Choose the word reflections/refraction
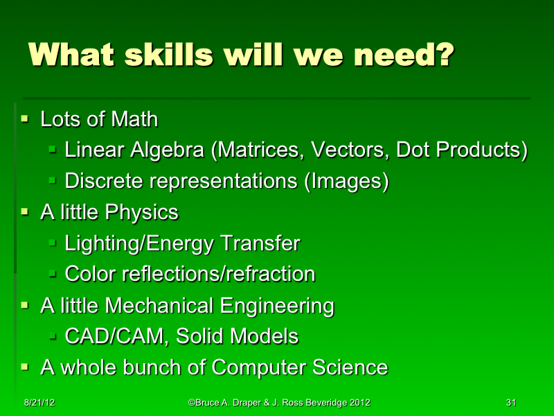pos(218,274)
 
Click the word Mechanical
pos(161,305)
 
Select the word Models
pos(266,336)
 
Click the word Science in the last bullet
pos(349,367)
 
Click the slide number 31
pos(512,403)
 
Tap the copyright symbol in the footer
pos(191,403)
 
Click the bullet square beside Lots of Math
pos(26,120)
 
